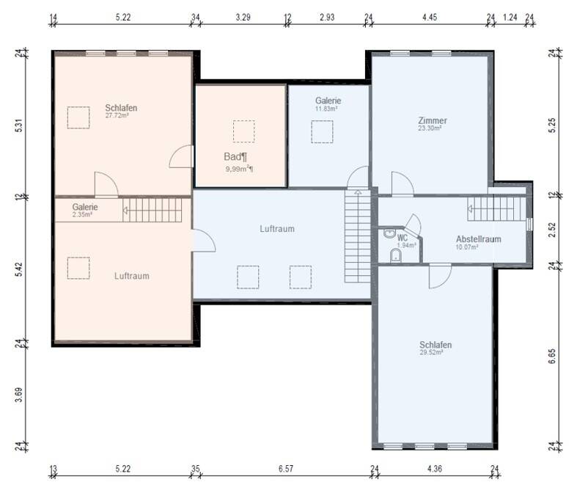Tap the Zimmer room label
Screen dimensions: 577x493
point(433,120)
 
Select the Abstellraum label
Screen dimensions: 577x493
point(478,239)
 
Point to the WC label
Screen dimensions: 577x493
point(403,238)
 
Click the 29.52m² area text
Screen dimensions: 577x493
point(431,352)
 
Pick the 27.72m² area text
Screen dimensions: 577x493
point(117,115)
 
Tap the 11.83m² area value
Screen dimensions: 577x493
point(326,109)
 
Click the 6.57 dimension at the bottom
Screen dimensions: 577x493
point(286,468)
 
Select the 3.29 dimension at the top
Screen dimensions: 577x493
point(243,17)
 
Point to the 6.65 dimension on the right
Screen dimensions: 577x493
point(551,357)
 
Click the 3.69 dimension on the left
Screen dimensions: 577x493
point(19,395)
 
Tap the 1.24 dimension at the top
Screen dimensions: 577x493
point(510,17)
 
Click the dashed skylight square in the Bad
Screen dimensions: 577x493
point(243,131)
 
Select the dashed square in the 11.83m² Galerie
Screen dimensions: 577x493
point(322,131)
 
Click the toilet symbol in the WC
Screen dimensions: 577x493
point(396,255)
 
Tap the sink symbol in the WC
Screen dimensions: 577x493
point(389,233)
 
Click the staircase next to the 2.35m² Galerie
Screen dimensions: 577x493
point(152,211)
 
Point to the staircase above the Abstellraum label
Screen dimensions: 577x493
point(497,209)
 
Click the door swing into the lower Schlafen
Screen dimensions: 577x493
point(440,276)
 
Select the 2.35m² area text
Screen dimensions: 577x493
point(82,214)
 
